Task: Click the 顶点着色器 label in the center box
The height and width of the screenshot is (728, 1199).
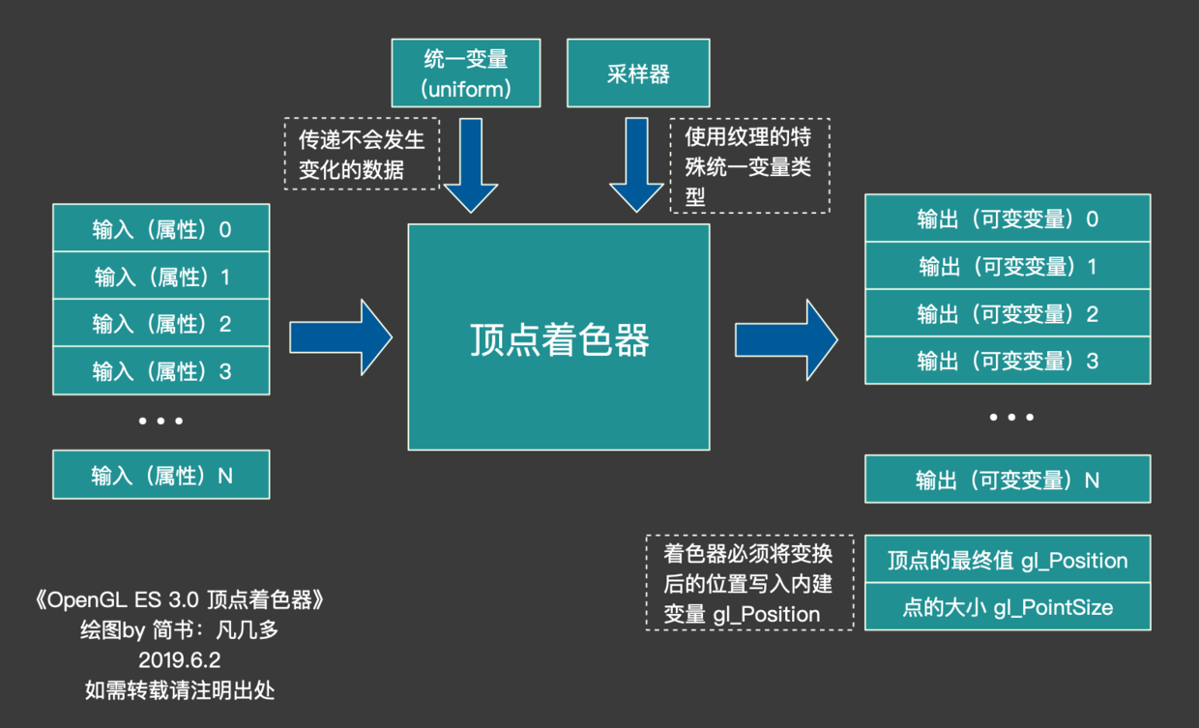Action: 559,339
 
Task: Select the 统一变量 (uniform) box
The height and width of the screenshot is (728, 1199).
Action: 466,73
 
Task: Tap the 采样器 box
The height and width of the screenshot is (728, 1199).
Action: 638,73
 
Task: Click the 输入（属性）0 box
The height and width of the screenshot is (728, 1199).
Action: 161,229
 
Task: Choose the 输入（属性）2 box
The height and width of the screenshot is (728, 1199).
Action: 161,324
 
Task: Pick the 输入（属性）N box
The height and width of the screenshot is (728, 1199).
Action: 161,476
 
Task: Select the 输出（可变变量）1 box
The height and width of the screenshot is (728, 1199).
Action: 1008,266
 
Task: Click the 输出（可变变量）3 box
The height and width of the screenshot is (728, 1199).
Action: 1008,361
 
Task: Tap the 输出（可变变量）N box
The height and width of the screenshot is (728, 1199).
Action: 1008,480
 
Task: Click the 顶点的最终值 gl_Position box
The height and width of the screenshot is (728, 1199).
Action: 1008,560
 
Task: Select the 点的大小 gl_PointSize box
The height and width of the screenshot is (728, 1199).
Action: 1008,607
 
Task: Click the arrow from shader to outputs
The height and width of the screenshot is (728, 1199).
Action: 786,339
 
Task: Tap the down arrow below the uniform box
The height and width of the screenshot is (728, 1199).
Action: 470,164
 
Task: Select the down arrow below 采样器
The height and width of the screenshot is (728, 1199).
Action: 636,164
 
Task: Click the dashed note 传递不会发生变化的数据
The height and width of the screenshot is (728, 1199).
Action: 362,155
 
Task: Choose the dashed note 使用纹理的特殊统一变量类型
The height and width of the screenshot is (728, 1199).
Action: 749,165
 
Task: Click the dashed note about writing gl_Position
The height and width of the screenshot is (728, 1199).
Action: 749,583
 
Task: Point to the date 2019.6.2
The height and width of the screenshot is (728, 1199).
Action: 179,660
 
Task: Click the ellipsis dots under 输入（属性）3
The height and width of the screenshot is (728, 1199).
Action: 161,421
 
